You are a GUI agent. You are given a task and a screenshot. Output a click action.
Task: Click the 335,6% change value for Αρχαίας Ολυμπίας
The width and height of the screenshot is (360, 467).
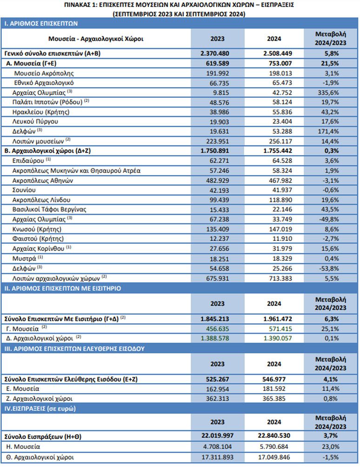click(328, 93)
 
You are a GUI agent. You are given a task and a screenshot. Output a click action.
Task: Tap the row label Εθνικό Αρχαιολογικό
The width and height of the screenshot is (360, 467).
click(44, 83)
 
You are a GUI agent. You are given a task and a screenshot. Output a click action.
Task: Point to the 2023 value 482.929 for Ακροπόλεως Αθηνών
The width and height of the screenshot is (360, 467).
click(218, 181)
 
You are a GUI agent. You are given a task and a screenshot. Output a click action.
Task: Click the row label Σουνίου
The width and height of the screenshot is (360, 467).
click(24, 190)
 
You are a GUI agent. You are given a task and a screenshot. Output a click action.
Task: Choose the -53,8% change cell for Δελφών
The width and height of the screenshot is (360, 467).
click(329, 268)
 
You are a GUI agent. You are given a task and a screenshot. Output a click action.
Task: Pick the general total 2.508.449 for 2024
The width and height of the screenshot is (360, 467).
click(278, 54)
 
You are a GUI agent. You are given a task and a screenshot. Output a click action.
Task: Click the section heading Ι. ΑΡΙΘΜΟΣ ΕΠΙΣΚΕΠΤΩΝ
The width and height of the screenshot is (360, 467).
click(41, 24)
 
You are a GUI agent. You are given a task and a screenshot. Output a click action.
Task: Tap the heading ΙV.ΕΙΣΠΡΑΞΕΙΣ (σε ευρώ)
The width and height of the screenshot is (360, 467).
click(40, 409)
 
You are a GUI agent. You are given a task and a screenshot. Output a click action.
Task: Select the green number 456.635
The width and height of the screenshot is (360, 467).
click(218, 329)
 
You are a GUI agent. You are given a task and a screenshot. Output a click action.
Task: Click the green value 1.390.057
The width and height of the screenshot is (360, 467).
click(278, 338)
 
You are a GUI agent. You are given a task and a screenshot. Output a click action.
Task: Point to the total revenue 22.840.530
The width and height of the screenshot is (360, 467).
click(274, 435)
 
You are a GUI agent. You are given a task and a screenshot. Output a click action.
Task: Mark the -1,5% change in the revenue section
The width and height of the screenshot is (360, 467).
click(330, 457)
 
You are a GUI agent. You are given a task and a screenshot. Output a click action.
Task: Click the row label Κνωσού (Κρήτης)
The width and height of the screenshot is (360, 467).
click(37, 230)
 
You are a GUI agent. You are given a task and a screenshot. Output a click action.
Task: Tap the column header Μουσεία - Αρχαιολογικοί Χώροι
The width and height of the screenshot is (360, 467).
click(96, 39)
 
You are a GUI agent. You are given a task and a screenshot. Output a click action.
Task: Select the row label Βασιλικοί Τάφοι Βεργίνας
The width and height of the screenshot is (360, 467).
click(49, 210)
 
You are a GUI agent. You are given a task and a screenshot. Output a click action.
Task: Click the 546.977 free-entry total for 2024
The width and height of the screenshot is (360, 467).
click(274, 379)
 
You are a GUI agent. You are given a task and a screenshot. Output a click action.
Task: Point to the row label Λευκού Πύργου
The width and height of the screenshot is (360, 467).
click(35, 122)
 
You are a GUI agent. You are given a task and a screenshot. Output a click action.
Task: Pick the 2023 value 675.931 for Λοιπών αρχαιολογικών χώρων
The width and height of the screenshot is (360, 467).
click(218, 278)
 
